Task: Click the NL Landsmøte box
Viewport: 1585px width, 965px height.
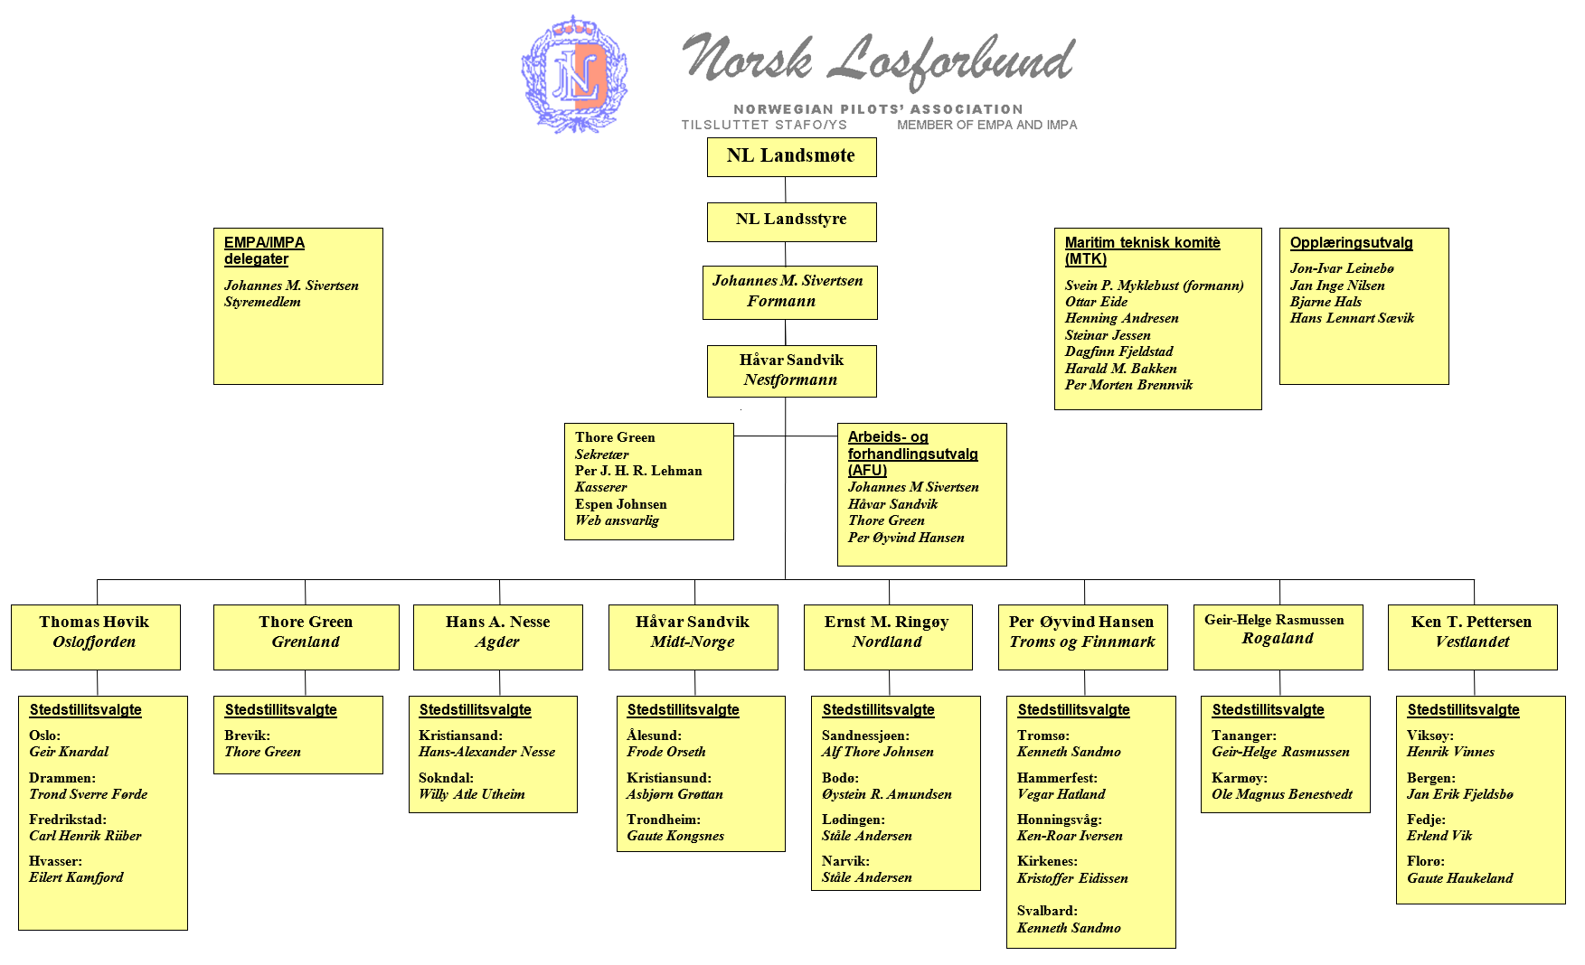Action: pyautogui.click(x=791, y=156)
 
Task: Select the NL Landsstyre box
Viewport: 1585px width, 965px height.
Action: pyautogui.click(x=791, y=220)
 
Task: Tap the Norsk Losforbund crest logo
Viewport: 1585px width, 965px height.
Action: pyautogui.click(x=575, y=74)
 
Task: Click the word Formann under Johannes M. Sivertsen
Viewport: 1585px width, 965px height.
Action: pyautogui.click(x=781, y=302)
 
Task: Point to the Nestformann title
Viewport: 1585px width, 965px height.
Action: pyautogui.click(x=790, y=380)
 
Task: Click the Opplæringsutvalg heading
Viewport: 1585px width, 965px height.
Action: pyautogui.click(x=1351, y=243)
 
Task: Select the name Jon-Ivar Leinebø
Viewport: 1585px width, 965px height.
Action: pyautogui.click(x=1342, y=268)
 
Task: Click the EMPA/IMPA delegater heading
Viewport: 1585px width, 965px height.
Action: pyautogui.click(x=264, y=250)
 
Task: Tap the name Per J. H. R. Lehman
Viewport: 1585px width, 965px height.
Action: pyautogui.click(x=638, y=471)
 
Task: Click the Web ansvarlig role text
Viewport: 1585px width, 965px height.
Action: pyautogui.click(x=617, y=520)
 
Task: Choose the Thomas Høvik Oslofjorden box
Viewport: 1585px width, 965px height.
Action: pyautogui.click(x=95, y=636)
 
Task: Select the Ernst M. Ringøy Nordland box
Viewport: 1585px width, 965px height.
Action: pyautogui.click(x=887, y=636)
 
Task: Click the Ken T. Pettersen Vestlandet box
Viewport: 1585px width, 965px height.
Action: pyautogui.click(x=1472, y=636)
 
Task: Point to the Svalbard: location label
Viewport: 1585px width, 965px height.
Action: pyautogui.click(x=1047, y=911)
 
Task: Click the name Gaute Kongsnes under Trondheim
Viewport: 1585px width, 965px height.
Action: pyautogui.click(x=675, y=836)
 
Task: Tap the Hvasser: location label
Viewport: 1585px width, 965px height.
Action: pyautogui.click(x=55, y=861)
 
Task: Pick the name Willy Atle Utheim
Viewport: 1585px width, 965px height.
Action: pyautogui.click(x=471, y=794)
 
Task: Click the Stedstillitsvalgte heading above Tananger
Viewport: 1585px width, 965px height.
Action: pyautogui.click(x=1268, y=710)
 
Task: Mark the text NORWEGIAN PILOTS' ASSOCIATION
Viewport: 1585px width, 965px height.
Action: pyautogui.click(x=878, y=108)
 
